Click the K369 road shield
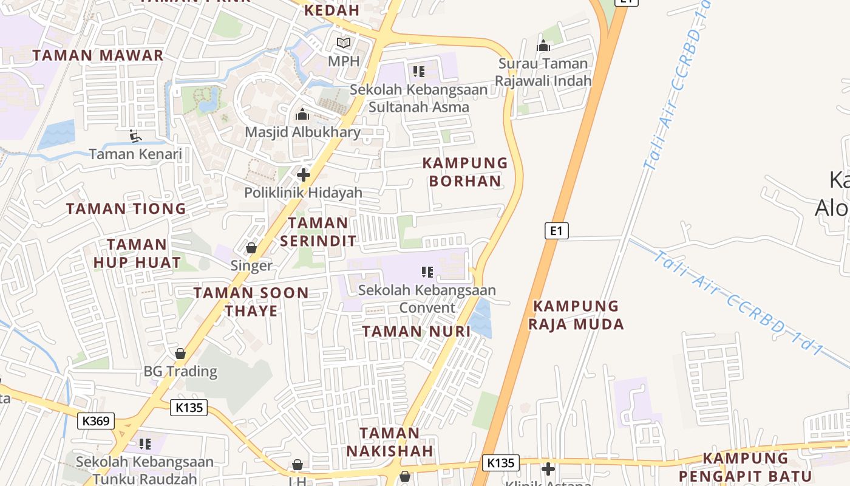(96, 420)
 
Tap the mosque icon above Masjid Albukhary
(302, 114)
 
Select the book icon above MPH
(344, 43)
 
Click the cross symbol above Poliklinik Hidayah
(304, 175)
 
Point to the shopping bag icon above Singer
(251, 248)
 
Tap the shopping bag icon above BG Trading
(180, 353)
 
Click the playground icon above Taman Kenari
(135, 136)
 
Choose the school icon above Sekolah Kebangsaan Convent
(427, 272)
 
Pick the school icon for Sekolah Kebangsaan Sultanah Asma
(418, 72)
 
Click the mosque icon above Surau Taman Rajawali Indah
(543, 46)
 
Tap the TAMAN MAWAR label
(98, 55)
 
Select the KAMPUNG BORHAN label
(465, 172)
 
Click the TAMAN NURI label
(416, 331)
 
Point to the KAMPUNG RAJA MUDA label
(576, 315)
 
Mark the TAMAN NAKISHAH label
(390, 442)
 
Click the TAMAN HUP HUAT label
(137, 253)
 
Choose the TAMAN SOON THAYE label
(251, 302)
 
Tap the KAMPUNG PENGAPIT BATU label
(746, 467)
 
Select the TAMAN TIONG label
(126, 209)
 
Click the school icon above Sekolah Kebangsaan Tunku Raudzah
(144, 444)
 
